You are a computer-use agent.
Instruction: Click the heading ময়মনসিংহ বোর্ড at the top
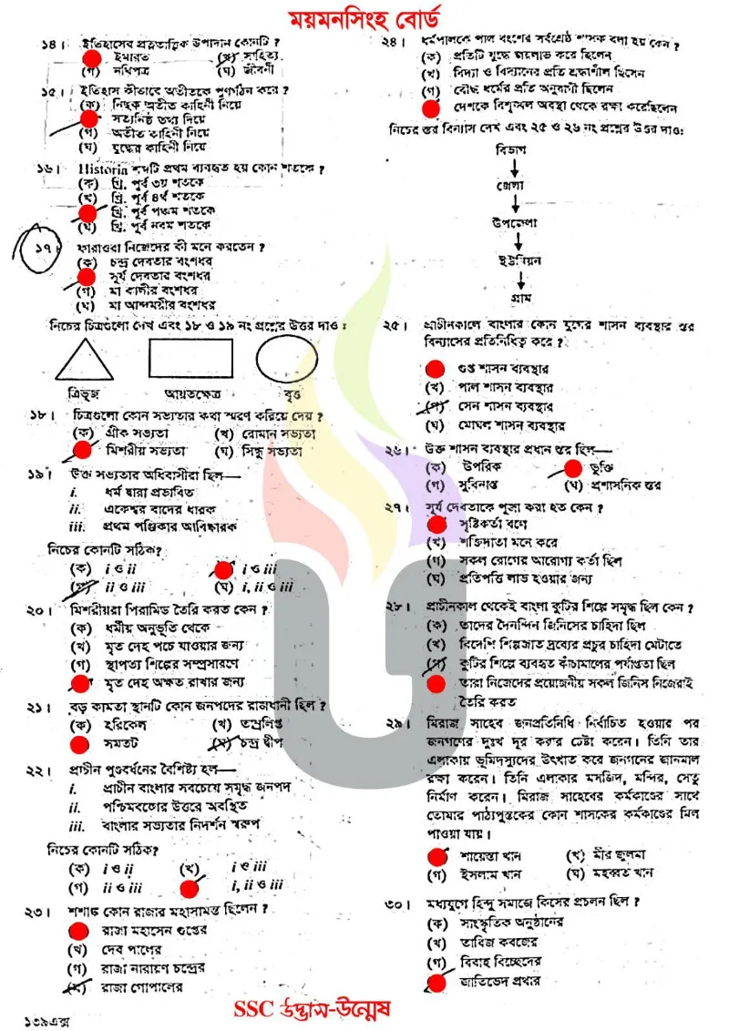(x=364, y=17)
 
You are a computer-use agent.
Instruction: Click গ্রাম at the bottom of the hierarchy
(x=517, y=297)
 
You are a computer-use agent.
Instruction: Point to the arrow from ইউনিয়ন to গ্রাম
(x=517, y=279)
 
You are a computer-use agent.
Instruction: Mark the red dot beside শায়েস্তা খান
(x=437, y=855)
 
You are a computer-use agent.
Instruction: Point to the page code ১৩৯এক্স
(x=41, y=1013)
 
